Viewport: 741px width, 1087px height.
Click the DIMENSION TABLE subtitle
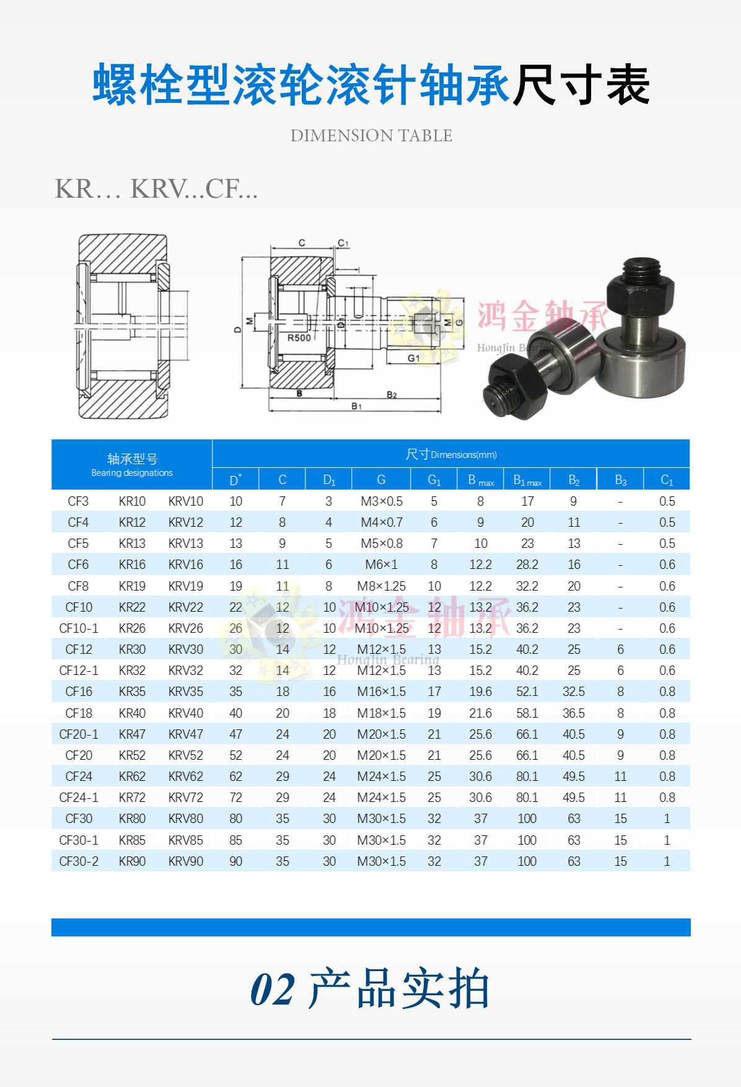pyautogui.click(x=371, y=135)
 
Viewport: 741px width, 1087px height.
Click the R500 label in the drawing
pyautogui.click(x=299, y=338)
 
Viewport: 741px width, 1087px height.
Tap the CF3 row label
pyautogui.click(x=78, y=501)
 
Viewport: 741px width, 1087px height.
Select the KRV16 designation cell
pyautogui.click(x=185, y=565)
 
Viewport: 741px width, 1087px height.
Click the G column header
pyautogui.click(x=381, y=480)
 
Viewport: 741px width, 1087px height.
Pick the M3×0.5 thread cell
pyautogui.click(x=382, y=501)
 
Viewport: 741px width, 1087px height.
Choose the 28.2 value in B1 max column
pyautogui.click(x=527, y=565)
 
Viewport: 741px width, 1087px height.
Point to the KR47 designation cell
pyautogui.click(x=132, y=734)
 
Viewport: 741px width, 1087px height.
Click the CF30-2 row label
pyautogui.click(x=79, y=861)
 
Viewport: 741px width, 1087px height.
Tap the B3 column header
pyautogui.click(x=620, y=480)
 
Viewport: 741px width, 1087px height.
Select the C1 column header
pyautogui.click(x=667, y=480)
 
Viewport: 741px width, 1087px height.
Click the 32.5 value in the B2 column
pyautogui.click(x=574, y=692)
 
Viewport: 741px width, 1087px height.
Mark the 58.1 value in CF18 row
pyautogui.click(x=527, y=713)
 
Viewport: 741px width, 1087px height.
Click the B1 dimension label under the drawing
pyautogui.click(x=357, y=406)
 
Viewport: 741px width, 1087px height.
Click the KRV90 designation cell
pyautogui.click(x=185, y=861)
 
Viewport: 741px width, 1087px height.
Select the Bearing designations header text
pyautogui.click(x=132, y=473)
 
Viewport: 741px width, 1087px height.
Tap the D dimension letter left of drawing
pyautogui.click(x=237, y=329)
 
